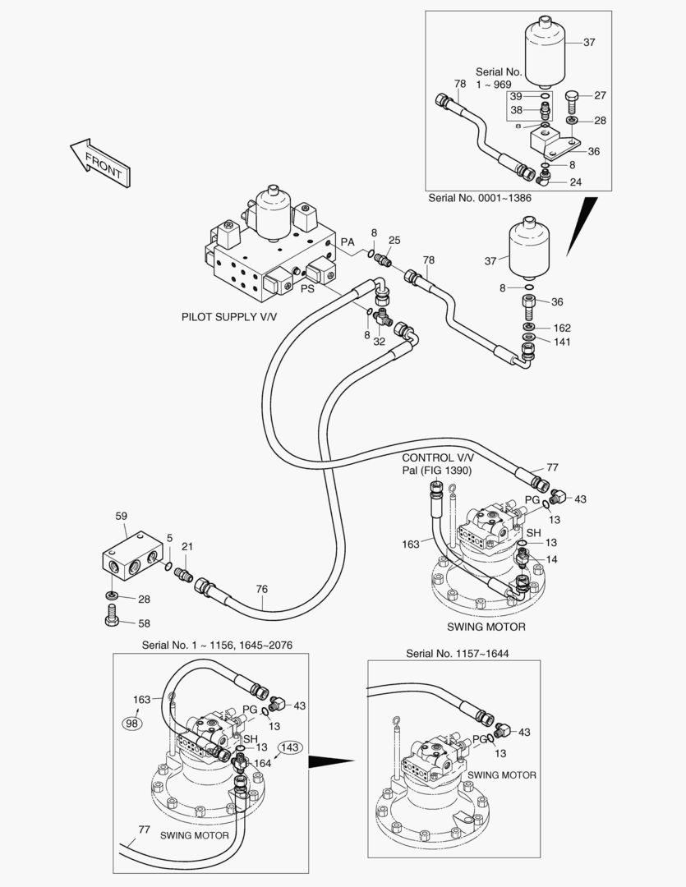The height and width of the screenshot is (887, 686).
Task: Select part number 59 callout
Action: click(121, 517)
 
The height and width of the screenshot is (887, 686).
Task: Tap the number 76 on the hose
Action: click(261, 589)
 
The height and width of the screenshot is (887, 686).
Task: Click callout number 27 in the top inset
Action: click(600, 95)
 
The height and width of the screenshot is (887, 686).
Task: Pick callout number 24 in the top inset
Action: click(575, 182)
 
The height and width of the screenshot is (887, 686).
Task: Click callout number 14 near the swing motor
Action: click(551, 559)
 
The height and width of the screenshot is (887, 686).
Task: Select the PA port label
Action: click(348, 242)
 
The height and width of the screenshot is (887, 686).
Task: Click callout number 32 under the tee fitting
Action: click(379, 341)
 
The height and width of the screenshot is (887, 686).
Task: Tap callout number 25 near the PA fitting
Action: click(394, 240)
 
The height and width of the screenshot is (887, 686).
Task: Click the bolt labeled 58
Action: click(113, 617)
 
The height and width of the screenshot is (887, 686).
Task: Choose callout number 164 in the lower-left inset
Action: click(261, 763)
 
